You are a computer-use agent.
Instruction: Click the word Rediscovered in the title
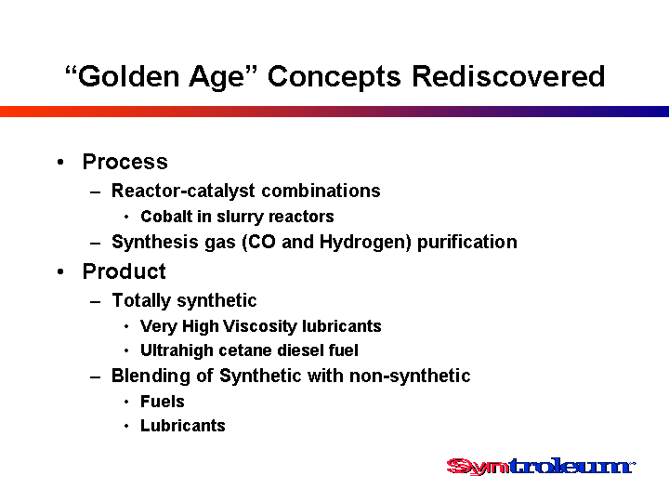(x=508, y=76)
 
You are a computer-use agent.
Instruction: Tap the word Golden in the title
(x=128, y=76)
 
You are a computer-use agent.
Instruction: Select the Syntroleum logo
(x=541, y=466)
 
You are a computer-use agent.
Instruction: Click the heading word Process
(x=125, y=162)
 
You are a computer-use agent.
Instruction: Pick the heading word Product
(x=125, y=271)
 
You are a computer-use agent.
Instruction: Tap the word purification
(x=466, y=243)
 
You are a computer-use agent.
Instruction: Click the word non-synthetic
(x=410, y=376)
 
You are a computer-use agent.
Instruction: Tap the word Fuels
(x=163, y=402)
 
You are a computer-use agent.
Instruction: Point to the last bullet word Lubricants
(x=183, y=426)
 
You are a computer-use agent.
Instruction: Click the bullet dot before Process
(x=60, y=162)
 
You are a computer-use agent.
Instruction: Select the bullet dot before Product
(x=60, y=271)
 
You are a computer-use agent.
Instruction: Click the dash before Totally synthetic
(x=95, y=302)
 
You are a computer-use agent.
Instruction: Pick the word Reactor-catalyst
(x=183, y=192)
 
